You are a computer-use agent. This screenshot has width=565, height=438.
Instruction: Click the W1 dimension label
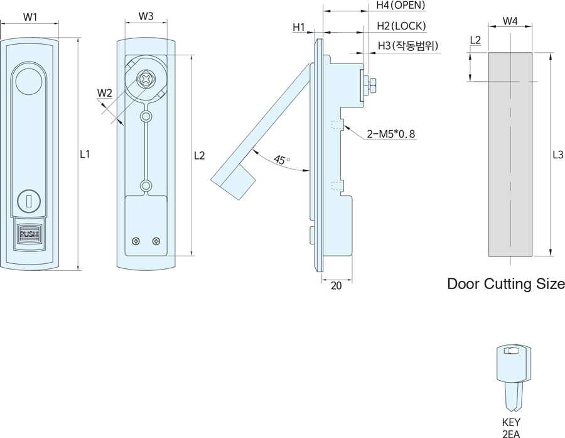point(30,17)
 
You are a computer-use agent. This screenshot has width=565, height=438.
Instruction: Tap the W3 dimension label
point(146,16)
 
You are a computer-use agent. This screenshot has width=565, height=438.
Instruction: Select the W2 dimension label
point(104,94)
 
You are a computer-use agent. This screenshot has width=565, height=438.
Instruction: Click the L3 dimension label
point(557,155)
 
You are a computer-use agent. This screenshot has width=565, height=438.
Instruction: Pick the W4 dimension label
point(510,21)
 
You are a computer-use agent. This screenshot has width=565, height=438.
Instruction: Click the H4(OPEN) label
point(401,6)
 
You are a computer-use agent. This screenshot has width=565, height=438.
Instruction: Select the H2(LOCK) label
point(401,26)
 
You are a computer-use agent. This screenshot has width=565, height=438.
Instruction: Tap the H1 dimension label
point(298,27)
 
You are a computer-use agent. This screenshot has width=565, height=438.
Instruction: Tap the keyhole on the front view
point(29,200)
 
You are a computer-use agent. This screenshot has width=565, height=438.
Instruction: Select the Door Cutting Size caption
point(505,284)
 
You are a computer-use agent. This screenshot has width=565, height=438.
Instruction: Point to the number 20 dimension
point(336,286)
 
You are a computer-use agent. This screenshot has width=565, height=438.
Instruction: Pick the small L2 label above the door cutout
point(475,40)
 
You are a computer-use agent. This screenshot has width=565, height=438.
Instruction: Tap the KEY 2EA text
point(511,427)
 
